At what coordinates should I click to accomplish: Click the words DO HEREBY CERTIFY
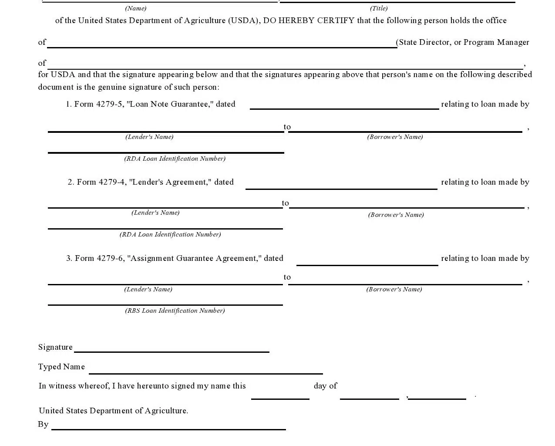[309, 20]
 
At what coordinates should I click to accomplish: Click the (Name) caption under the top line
[136, 8]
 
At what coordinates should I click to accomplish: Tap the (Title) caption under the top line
[379, 8]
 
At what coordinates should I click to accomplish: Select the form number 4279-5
[110, 104]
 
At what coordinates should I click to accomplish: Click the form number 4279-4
[112, 182]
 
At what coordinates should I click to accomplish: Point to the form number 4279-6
[110, 258]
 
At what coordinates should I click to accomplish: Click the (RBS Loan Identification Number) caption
[175, 311]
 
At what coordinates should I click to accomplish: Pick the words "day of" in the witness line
[325, 386]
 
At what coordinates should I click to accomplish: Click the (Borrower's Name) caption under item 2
[396, 215]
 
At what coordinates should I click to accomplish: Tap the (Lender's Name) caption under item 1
[149, 137]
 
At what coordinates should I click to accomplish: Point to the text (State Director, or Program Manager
[463, 42]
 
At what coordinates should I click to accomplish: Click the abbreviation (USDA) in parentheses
[244, 20]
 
